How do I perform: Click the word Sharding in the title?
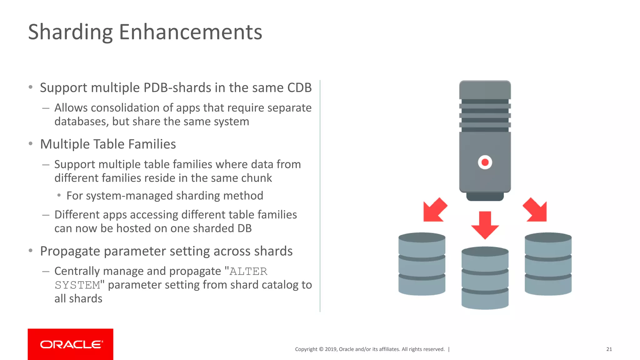pos(70,32)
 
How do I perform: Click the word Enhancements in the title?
pos(190,32)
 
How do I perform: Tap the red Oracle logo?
pos(71,344)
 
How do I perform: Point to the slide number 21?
pos(609,349)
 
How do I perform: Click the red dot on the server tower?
pos(485,162)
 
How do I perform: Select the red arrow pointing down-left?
pos(434,210)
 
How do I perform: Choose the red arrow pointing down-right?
pos(536,210)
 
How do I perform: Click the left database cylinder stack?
pos(422,264)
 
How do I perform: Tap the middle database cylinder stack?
pos(485,278)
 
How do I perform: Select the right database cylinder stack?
pos(548,264)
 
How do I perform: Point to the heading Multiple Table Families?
pos(108,144)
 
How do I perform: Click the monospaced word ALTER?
pos(248,272)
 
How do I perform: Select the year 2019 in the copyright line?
pos(331,349)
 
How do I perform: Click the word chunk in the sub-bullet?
pos(257,178)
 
